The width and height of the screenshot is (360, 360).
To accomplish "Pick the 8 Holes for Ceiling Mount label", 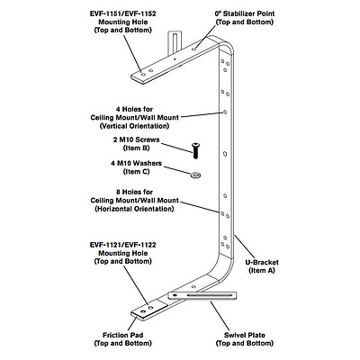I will [135, 198].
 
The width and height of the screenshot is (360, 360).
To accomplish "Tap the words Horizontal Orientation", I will [135, 209].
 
